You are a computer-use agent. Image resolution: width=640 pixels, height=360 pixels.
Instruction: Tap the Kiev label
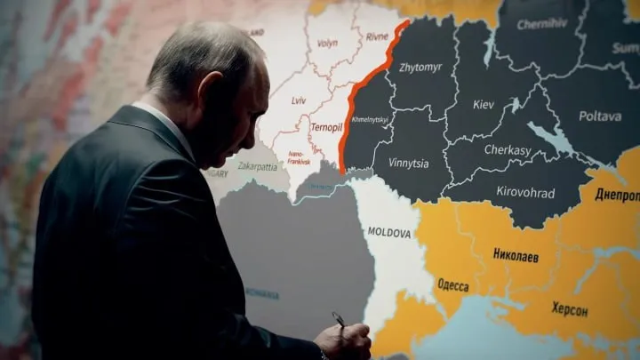pos(484,105)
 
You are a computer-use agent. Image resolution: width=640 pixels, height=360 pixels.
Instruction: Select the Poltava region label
pos(600,116)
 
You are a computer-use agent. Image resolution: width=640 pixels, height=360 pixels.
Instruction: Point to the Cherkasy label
pos(508,150)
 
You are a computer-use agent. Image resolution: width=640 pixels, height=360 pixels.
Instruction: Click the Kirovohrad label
pos(526,193)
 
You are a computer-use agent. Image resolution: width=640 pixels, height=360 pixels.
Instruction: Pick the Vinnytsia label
pos(408,164)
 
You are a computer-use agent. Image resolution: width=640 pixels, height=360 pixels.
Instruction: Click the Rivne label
pos(377,36)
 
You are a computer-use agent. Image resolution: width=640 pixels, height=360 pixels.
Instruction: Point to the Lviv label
pos(299,100)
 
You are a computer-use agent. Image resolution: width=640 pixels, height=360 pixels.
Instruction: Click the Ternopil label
pos(326,127)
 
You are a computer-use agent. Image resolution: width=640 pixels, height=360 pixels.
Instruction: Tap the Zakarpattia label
pos(257,165)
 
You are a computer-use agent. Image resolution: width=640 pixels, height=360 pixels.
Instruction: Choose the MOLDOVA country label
pos(389,232)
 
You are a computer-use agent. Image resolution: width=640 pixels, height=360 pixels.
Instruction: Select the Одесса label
pos(453,285)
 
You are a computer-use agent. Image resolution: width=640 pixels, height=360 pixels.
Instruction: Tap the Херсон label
pos(569,309)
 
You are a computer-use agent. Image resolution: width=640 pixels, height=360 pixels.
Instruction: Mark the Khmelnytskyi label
pos(369,119)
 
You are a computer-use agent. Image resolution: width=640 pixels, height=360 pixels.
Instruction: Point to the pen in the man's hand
pos(338,319)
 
